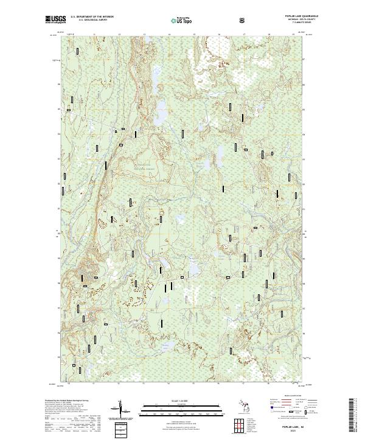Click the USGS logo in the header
55,20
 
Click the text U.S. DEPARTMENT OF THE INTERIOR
92,17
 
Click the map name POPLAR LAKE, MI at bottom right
295,427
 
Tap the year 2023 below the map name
295,431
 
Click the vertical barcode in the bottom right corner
352,416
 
